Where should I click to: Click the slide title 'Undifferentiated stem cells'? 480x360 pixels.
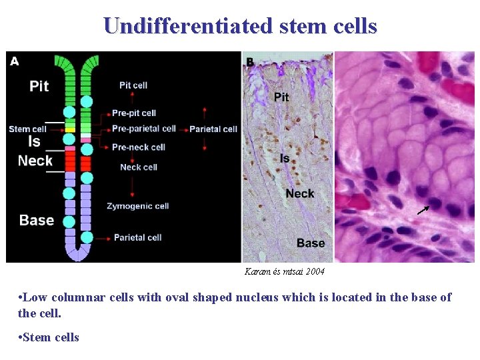click(240, 25)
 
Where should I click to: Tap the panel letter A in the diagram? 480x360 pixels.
click(15, 61)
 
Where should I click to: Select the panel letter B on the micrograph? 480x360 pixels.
click(250, 62)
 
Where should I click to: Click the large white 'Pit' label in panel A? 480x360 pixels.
click(39, 86)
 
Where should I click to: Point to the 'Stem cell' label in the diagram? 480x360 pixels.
click(28, 129)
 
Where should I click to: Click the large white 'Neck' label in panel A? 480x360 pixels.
click(35, 161)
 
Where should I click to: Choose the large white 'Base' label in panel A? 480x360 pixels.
click(37, 220)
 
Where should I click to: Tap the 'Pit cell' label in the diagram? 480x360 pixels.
click(133, 85)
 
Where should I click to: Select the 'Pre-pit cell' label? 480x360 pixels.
click(134, 113)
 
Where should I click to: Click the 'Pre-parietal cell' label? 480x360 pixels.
click(143, 129)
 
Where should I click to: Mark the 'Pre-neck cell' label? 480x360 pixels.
click(138, 147)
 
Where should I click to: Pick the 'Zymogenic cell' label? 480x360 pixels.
click(137, 206)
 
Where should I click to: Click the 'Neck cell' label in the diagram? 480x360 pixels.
click(138, 167)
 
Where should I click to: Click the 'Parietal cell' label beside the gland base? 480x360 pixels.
click(137, 237)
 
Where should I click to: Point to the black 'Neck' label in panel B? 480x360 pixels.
click(300, 193)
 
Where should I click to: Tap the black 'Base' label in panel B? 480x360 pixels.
click(311, 243)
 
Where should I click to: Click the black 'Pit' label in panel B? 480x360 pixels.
click(281, 97)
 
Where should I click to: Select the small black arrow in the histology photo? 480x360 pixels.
click(423, 210)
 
